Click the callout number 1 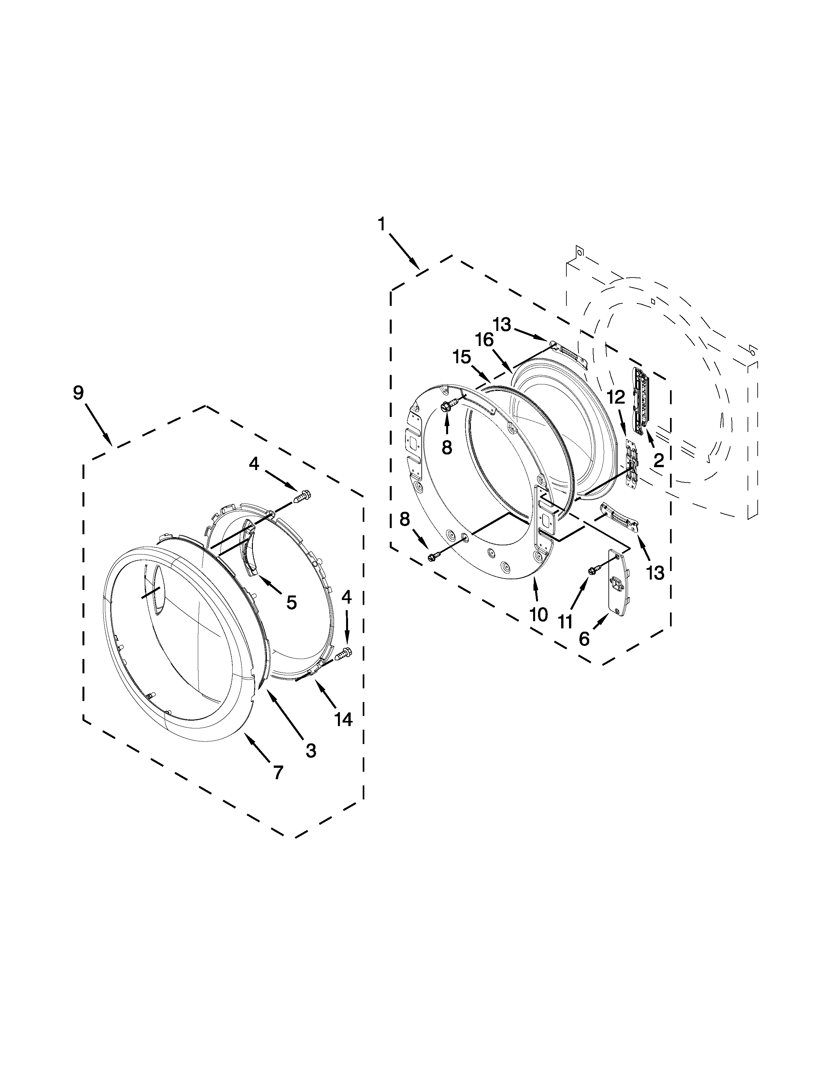coord(382,224)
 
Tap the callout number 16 coord(484,340)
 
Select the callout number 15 coord(462,357)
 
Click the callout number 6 coord(584,639)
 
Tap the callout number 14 coord(343,719)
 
